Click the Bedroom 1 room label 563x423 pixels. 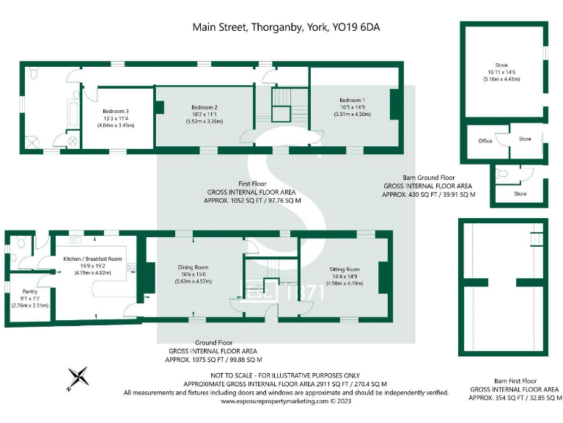click(x=352, y=100)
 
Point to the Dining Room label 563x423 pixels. click(x=194, y=267)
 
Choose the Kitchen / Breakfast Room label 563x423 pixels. click(x=92, y=258)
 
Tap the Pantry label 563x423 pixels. click(x=29, y=292)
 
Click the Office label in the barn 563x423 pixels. click(x=485, y=141)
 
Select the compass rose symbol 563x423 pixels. click(x=78, y=377)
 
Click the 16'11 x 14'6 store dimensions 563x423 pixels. click(x=502, y=71)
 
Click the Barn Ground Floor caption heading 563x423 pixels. click(x=429, y=178)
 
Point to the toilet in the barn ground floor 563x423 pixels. click(x=501, y=174)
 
